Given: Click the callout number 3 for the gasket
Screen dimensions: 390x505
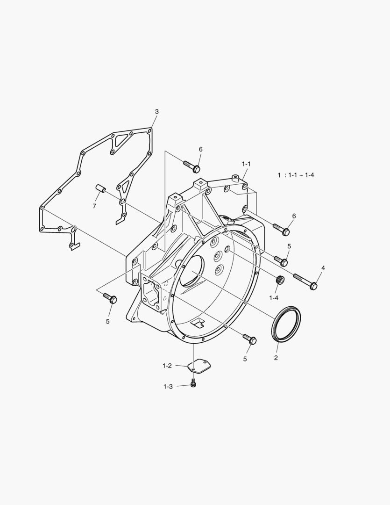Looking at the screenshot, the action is (157, 112).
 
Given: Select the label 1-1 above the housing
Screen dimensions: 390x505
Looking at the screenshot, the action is (246, 164).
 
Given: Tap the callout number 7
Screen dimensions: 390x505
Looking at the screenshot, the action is (94, 206).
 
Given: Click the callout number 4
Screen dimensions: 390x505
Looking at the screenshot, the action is (323, 268).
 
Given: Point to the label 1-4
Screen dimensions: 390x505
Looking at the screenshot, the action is (274, 298).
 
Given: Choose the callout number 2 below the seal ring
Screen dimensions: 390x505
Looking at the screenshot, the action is (276, 358).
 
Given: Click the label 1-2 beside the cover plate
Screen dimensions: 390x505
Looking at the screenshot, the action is (167, 366).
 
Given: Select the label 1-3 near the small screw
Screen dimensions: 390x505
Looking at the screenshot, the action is (168, 387).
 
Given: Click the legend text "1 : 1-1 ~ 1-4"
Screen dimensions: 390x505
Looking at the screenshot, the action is (296, 175).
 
